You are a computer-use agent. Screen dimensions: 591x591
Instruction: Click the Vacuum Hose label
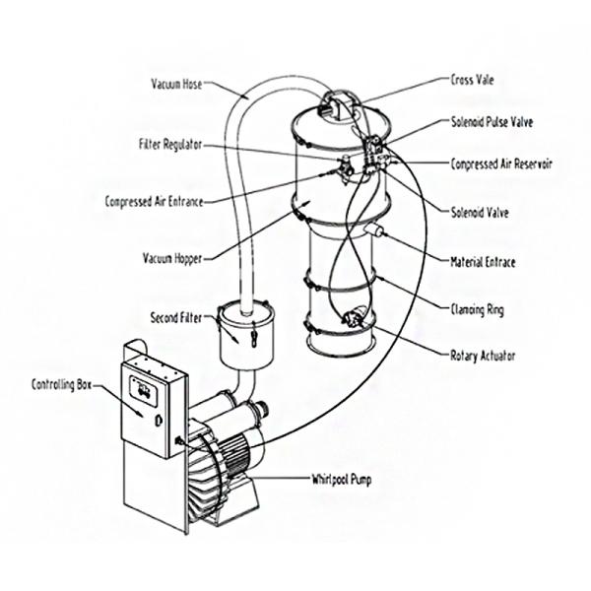(176, 84)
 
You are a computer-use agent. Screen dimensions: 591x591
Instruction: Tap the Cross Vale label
(472, 80)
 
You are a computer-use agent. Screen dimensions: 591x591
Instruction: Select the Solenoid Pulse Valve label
(492, 122)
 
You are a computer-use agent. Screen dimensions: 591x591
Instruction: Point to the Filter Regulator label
(170, 145)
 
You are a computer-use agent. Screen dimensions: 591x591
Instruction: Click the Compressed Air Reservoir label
(501, 164)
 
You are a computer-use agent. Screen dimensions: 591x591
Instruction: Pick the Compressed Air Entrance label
(155, 201)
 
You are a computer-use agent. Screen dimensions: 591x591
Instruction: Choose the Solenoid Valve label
(480, 213)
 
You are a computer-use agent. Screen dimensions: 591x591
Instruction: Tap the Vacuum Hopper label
(172, 258)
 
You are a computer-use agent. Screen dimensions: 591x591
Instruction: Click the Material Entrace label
(483, 262)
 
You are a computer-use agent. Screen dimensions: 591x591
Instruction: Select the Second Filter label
(176, 318)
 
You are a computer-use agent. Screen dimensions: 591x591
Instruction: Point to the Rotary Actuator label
(483, 356)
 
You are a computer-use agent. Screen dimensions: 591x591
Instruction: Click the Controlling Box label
(61, 385)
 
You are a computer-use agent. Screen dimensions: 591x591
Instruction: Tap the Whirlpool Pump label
(342, 480)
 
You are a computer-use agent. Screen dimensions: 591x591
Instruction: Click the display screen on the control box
(143, 390)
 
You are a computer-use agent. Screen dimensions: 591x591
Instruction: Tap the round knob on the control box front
(159, 420)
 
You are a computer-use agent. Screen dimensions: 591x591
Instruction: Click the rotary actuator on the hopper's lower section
(355, 316)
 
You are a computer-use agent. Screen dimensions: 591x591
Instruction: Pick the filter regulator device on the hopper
(346, 168)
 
